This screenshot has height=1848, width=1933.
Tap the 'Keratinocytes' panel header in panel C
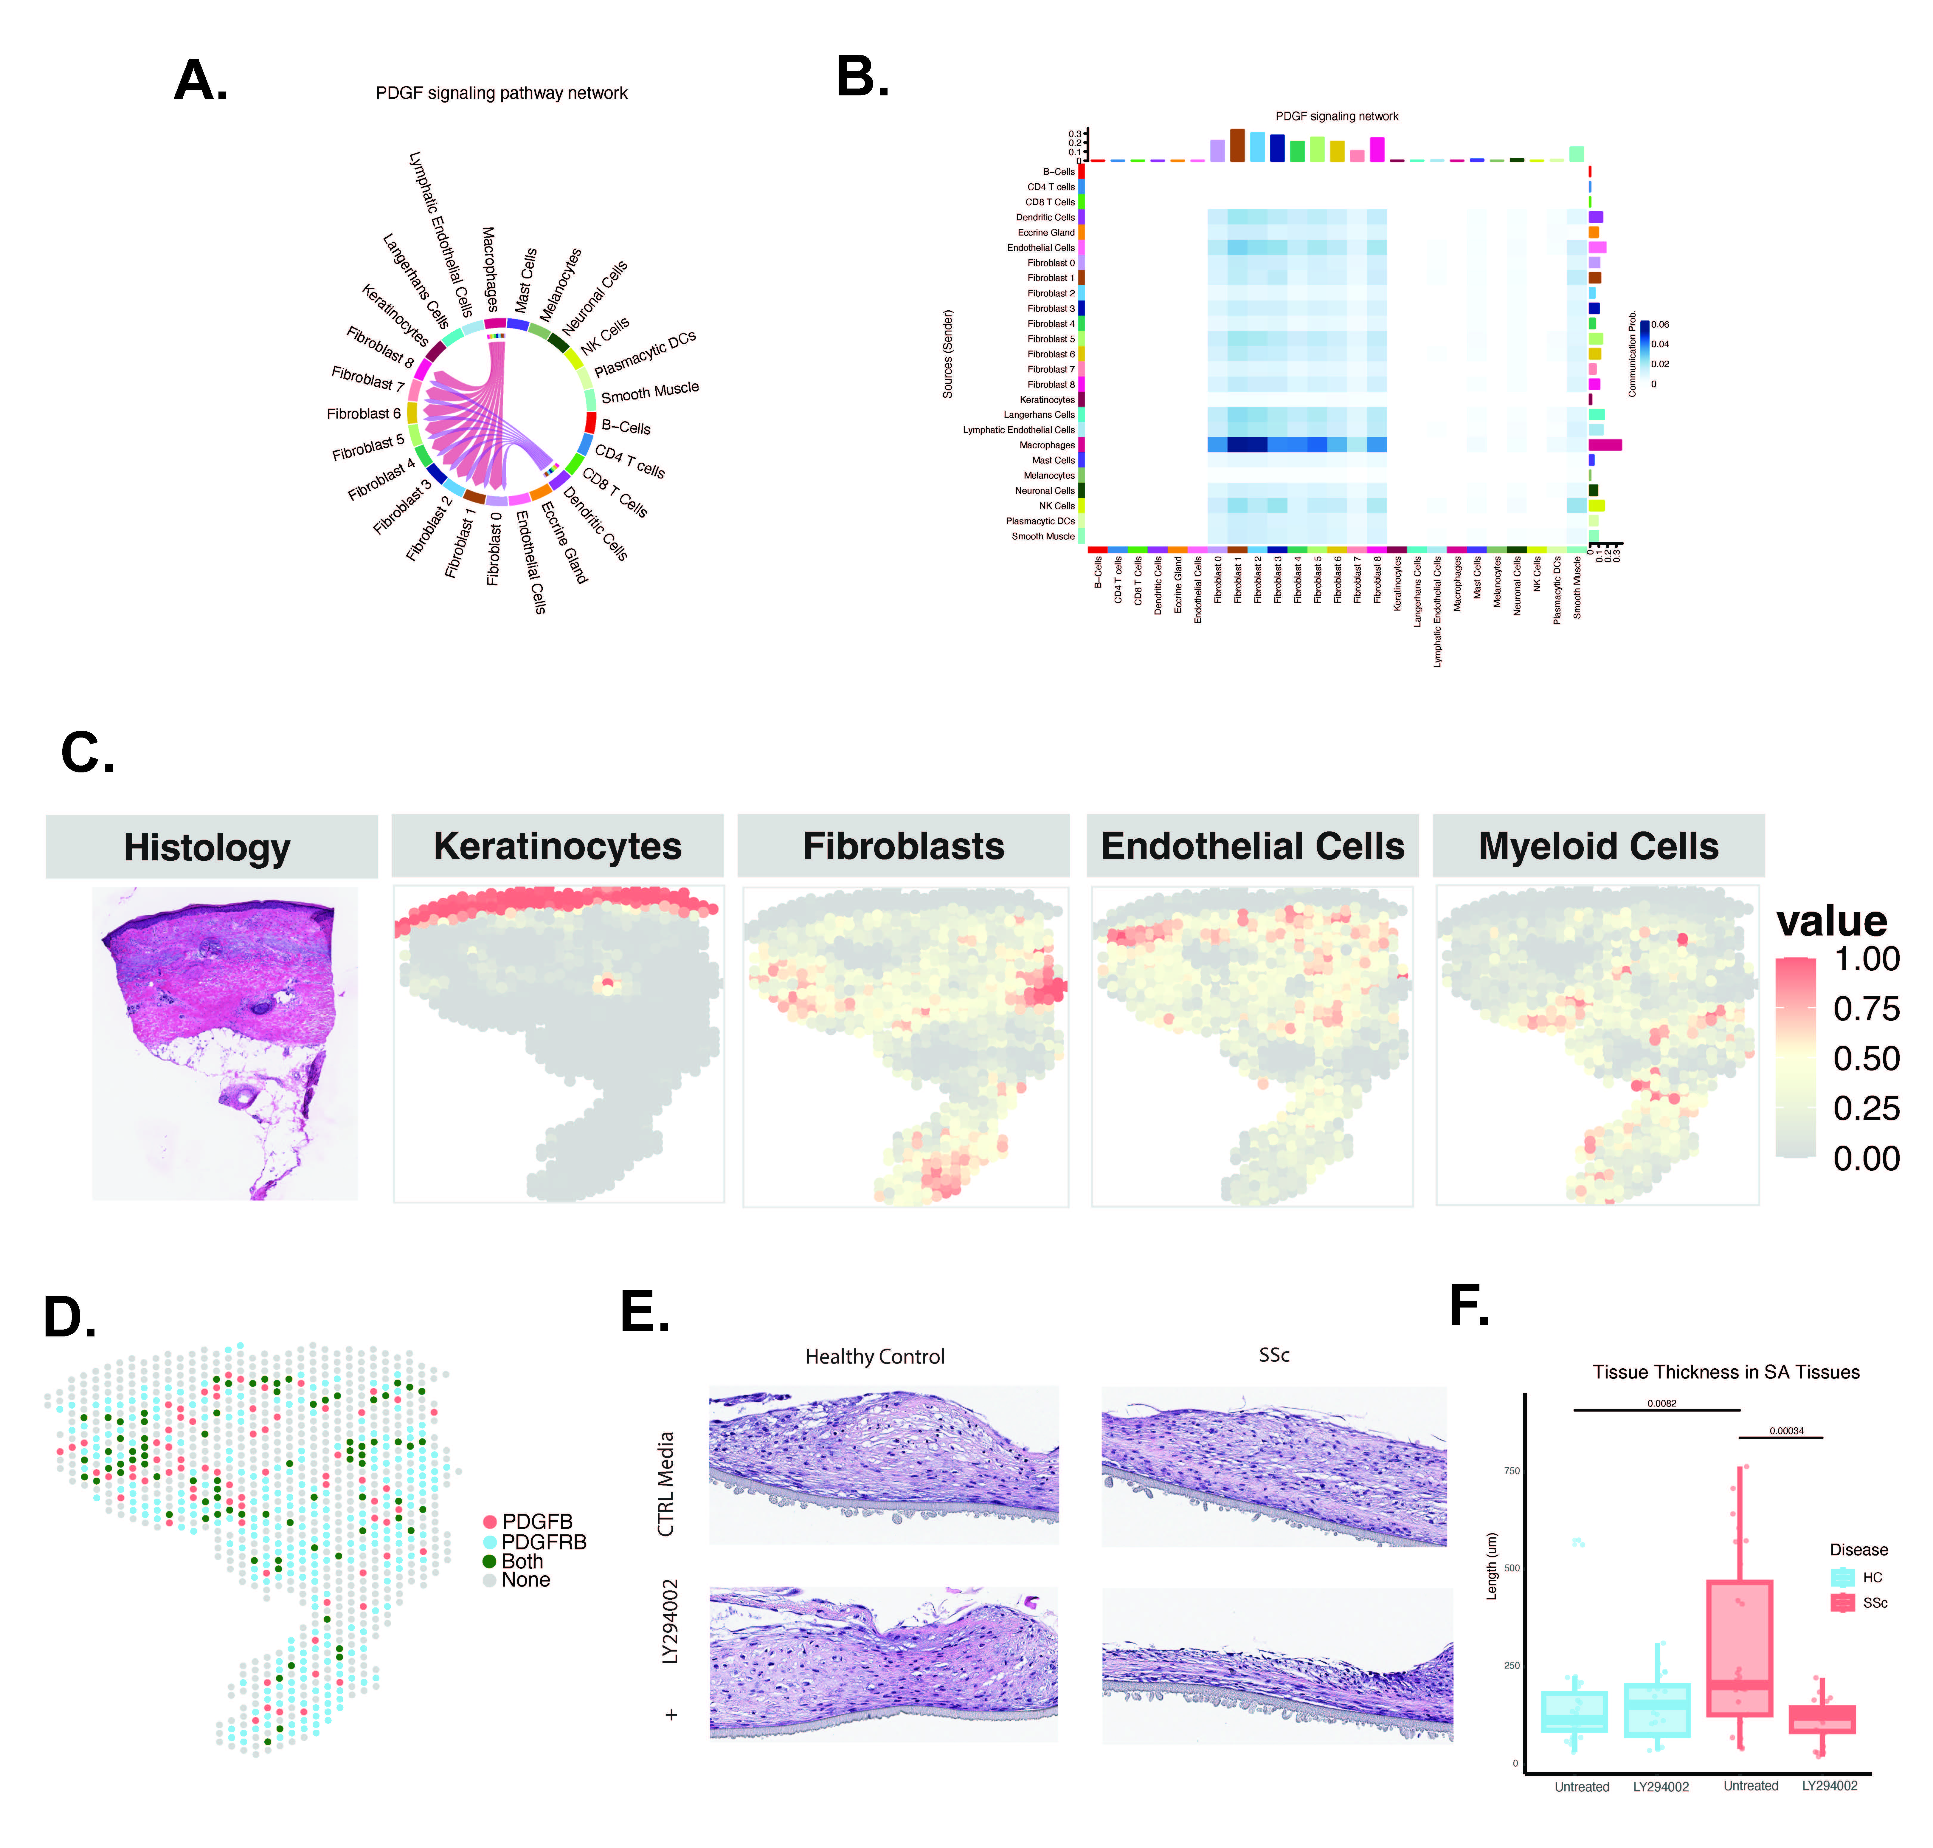(557, 846)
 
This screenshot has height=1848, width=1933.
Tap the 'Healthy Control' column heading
(874, 1356)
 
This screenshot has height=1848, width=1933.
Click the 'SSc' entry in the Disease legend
(1874, 1603)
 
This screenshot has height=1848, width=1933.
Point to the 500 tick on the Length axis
(1511, 1567)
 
